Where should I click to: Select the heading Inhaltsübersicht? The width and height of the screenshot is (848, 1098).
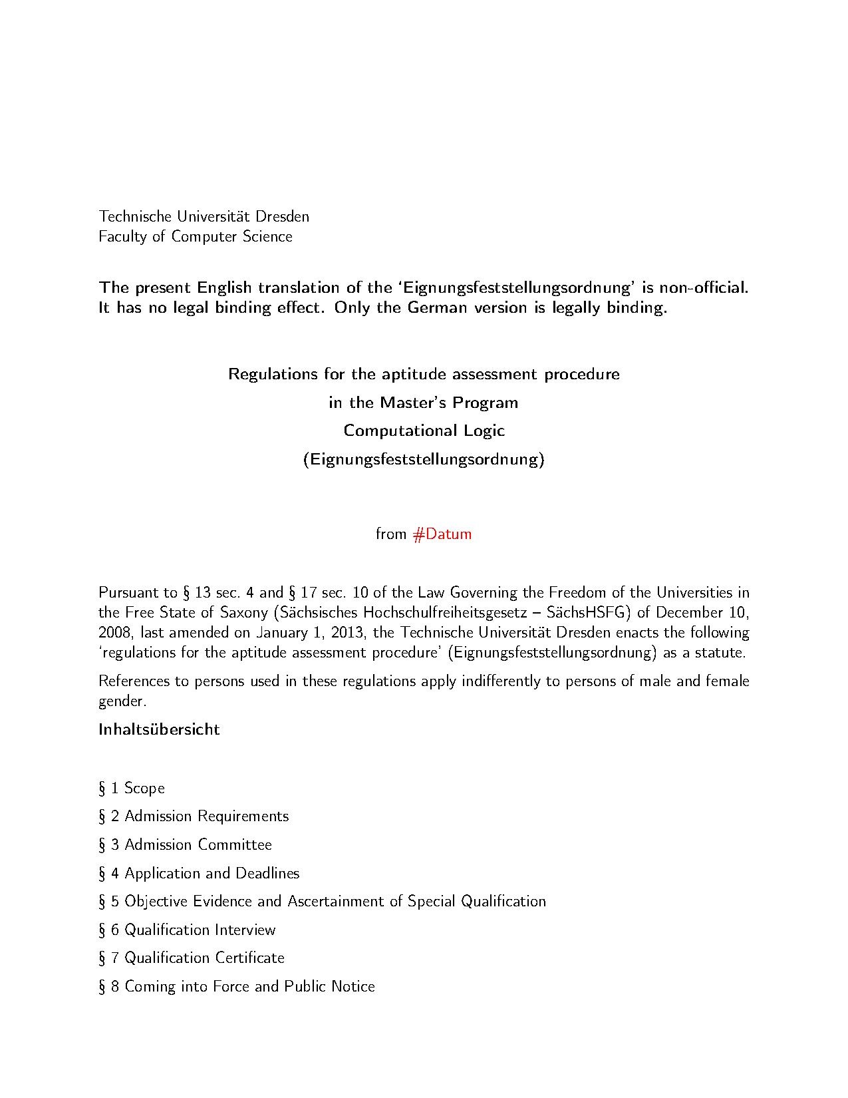[x=159, y=729]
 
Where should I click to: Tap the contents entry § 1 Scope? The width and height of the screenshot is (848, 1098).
[x=132, y=788]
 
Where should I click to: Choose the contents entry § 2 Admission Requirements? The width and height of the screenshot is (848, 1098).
[x=194, y=816]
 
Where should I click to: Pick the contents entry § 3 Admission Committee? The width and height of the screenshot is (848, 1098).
[x=185, y=844]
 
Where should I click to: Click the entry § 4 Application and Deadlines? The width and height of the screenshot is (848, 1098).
[x=199, y=873]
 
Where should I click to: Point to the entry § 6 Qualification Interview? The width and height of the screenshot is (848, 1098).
[x=187, y=930]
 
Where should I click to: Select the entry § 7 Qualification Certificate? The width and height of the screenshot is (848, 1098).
[x=192, y=958]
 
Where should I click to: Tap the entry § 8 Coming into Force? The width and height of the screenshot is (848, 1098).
[x=236, y=986]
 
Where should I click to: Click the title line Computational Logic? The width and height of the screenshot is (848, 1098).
[x=424, y=431]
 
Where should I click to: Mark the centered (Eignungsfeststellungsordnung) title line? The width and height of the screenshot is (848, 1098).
[x=424, y=459]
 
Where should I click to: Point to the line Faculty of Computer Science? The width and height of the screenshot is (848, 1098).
[x=196, y=236]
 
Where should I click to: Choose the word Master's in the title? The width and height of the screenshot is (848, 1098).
[x=413, y=403]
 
